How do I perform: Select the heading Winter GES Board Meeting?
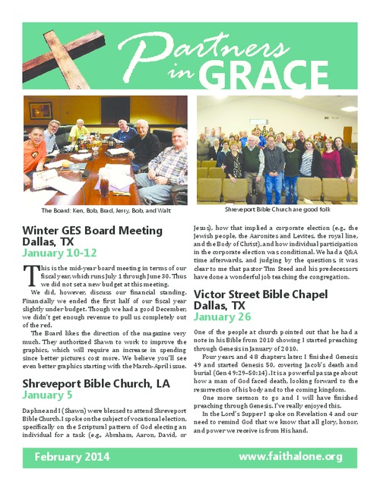pyautogui.click(x=93, y=230)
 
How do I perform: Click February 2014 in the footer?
pyautogui.click(x=73, y=457)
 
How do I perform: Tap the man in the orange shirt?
pyautogui.click(x=33, y=152)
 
